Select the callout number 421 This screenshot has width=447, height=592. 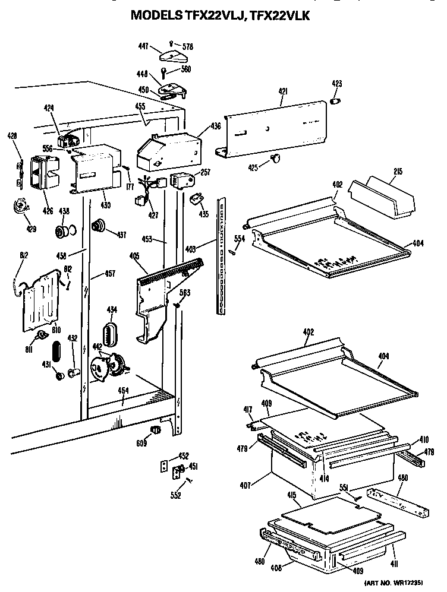[283, 91]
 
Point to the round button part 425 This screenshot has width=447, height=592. [275, 157]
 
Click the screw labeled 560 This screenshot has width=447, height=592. [163, 73]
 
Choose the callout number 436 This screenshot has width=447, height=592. [215, 126]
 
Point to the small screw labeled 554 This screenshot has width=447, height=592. [232, 251]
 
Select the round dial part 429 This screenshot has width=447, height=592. [23, 207]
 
